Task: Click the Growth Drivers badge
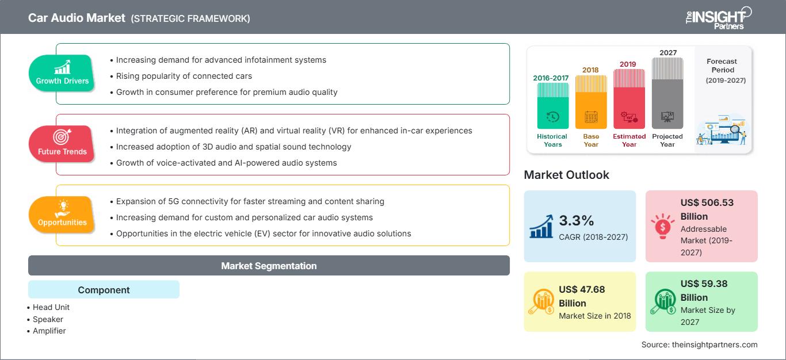[62, 73]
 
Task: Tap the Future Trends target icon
[62, 137]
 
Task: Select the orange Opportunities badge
[62, 215]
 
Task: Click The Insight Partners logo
[718, 18]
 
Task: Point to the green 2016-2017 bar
[552, 105]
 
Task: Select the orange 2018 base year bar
[591, 102]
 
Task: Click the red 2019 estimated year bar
[629, 99]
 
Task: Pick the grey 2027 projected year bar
[667, 93]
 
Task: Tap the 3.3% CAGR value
[576, 220]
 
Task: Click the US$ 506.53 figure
[707, 202]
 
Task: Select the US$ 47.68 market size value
[582, 289]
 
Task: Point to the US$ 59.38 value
[704, 284]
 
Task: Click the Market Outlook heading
[566, 175]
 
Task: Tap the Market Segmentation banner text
[269, 266]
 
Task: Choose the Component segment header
[104, 289]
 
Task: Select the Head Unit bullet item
[48, 308]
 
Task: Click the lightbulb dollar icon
[662, 226]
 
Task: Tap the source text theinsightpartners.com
[715, 344]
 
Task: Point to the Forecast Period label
[723, 66]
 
